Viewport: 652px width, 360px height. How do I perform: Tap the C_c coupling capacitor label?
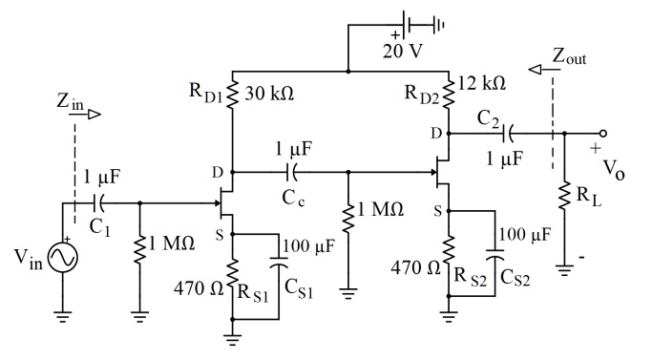(293, 196)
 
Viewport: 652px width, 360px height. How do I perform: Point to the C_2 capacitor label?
(492, 118)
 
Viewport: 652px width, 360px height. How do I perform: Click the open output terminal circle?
(601, 135)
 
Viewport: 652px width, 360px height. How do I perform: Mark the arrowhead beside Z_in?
(94, 113)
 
